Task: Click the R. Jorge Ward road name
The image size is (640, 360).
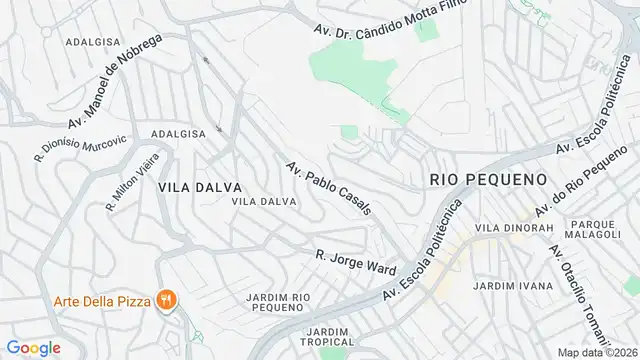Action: coord(356,262)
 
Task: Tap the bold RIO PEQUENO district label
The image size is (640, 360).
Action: coord(488,179)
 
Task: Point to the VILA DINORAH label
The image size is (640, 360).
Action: coord(514,228)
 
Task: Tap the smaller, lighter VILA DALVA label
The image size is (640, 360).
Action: coord(263,201)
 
